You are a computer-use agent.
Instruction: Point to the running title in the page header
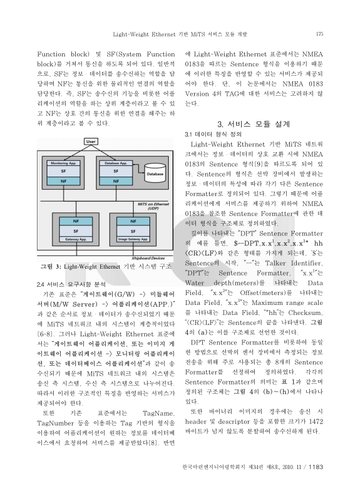click(x=180, y=33)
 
